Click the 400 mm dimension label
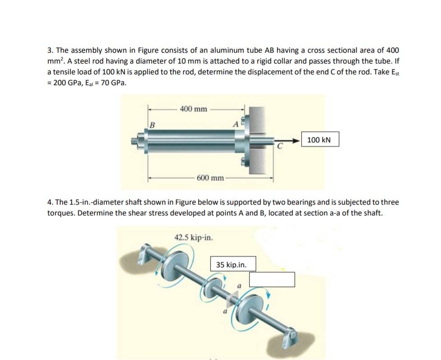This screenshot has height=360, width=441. pyautogui.click(x=193, y=109)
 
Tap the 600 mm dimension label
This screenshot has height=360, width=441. pyautogui.click(x=210, y=178)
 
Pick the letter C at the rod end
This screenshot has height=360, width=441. pyautogui.click(x=279, y=146)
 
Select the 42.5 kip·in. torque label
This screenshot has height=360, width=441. pyautogui.click(x=194, y=237)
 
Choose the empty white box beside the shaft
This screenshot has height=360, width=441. pyautogui.click(x=272, y=279)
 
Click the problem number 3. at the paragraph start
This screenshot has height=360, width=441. pyautogui.click(x=50, y=50)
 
